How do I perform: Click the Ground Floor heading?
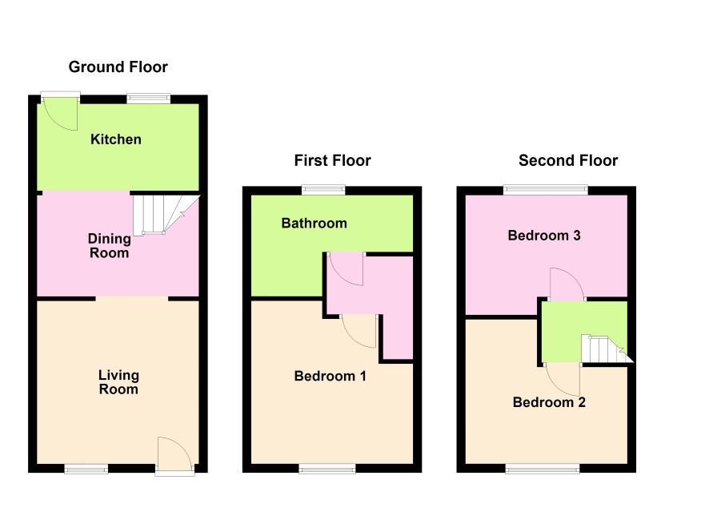[x=118, y=67]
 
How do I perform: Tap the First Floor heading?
[x=332, y=160]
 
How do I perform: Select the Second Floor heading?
[x=568, y=160]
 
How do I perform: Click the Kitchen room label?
[x=116, y=139]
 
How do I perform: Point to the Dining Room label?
[x=110, y=245]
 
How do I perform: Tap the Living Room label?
[x=118, y=382]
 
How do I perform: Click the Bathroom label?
[x=314, y=224]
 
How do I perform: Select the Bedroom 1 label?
[x=330, y=376]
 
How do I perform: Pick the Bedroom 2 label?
[x=549, y=402]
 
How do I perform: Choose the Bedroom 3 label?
[x=544, y=236]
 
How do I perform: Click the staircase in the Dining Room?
[x=166, y=215]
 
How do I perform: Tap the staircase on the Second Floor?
[x=607, y=349]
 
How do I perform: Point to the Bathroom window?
[x=324, y=190]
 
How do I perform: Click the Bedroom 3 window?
[x=546, y=190]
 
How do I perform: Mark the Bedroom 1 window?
[x=327, y=470]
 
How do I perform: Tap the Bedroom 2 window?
[x=542, y=470]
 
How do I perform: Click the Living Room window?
[x=86, y=470]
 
